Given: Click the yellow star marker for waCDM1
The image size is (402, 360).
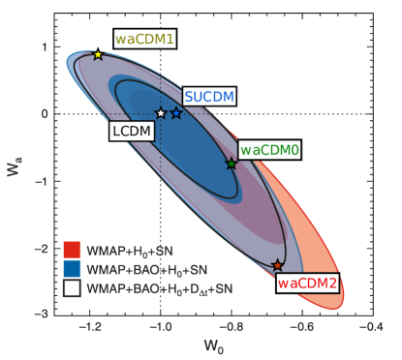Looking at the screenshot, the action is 98,55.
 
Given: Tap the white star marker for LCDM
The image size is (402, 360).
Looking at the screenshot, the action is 161,113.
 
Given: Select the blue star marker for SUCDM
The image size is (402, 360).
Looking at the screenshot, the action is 176,113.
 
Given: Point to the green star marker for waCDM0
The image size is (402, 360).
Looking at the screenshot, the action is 232,164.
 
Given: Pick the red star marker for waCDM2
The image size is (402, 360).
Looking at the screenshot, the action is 277,264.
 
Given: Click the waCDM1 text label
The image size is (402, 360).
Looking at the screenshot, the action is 145,40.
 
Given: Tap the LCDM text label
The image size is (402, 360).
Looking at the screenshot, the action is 130,129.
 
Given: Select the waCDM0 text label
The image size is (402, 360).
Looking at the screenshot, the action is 269,150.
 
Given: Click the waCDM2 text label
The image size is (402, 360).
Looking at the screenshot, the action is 307,284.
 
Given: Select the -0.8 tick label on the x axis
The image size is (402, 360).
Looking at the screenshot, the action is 231,329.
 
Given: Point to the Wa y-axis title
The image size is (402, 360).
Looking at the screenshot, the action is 14,174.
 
